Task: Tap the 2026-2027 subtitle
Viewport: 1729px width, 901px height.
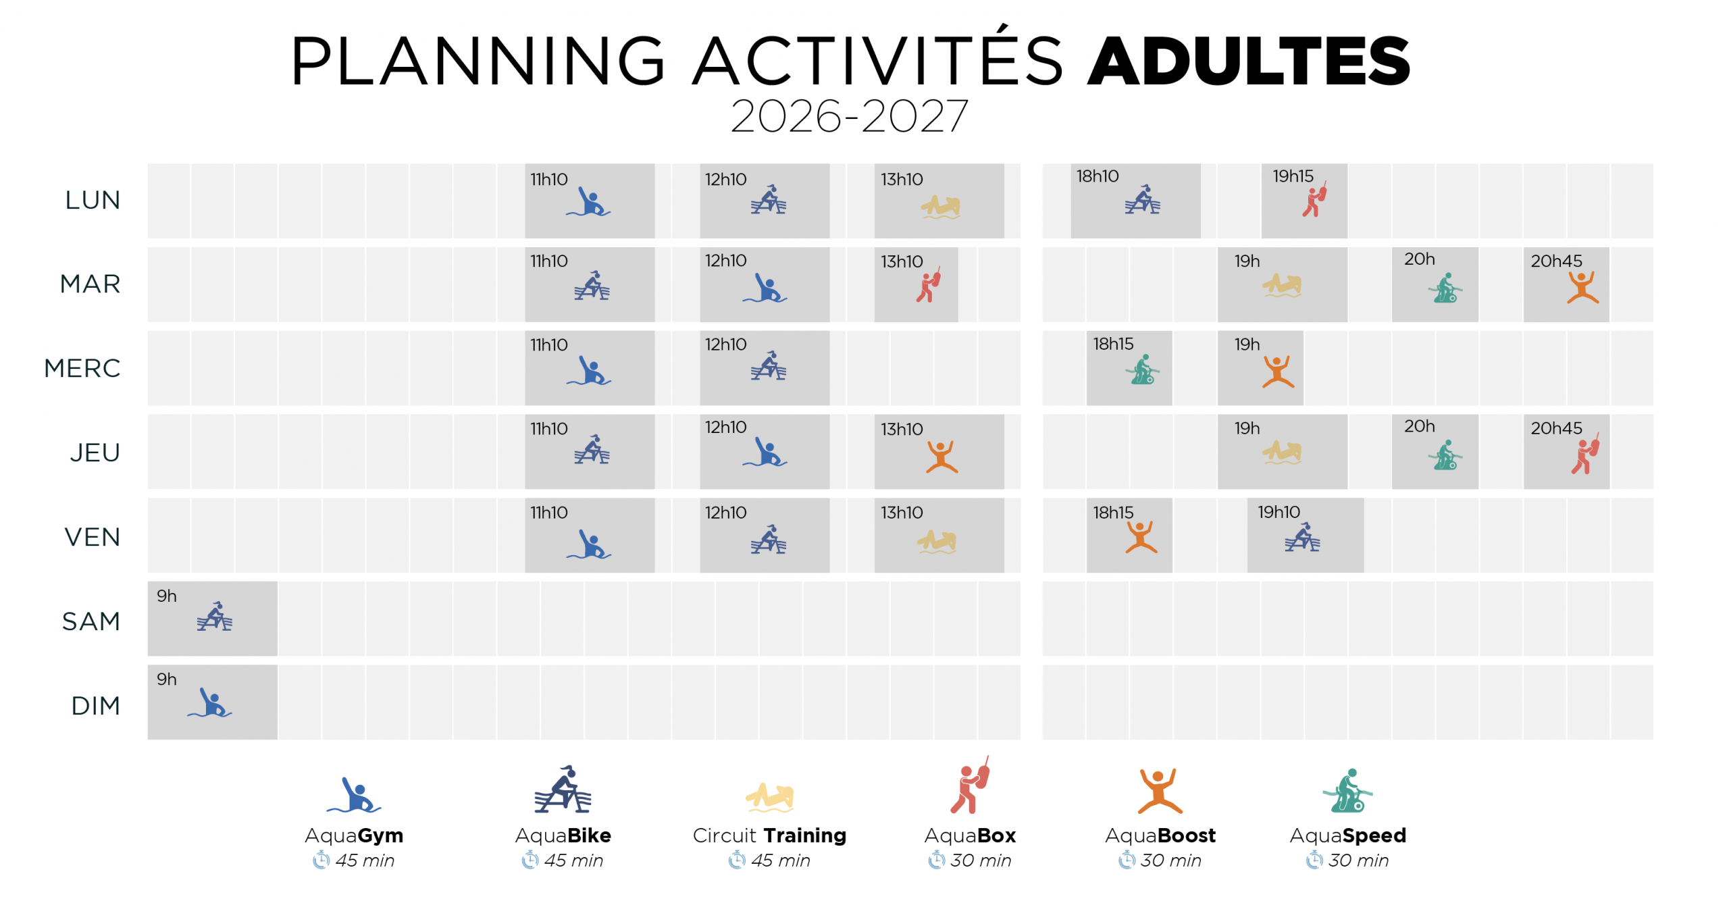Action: tap(849, 116)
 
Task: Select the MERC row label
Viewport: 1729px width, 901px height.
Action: tap(82, 368)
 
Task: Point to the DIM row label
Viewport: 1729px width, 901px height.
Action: tap(96, 705)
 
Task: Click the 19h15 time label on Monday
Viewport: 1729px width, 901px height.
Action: tap(1293, 176)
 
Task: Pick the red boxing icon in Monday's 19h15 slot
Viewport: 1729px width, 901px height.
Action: tap(1314, 199)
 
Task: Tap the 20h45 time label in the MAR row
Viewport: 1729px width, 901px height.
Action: tap(1556, 261)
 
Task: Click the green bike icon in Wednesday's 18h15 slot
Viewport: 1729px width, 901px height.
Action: tap(1142, 370)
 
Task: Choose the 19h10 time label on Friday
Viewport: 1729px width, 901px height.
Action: tap(1278, 512)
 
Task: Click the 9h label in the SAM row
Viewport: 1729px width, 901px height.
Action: tap(166, 596)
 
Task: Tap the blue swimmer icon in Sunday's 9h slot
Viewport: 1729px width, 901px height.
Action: tap(210, 703)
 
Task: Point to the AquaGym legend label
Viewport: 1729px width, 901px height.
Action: tap(354, 835)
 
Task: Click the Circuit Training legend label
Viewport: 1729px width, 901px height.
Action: tap(769, 835)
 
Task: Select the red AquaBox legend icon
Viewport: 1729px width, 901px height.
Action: tap(971, 786)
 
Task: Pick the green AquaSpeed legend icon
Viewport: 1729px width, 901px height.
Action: tap(1347, 791)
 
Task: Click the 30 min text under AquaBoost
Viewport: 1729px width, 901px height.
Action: tap(1171, 860)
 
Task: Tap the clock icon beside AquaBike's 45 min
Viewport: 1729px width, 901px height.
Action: tap(530, 860)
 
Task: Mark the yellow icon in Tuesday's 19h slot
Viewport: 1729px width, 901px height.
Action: tap(1281, 284)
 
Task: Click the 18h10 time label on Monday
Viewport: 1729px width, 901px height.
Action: tap(1097, 176)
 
